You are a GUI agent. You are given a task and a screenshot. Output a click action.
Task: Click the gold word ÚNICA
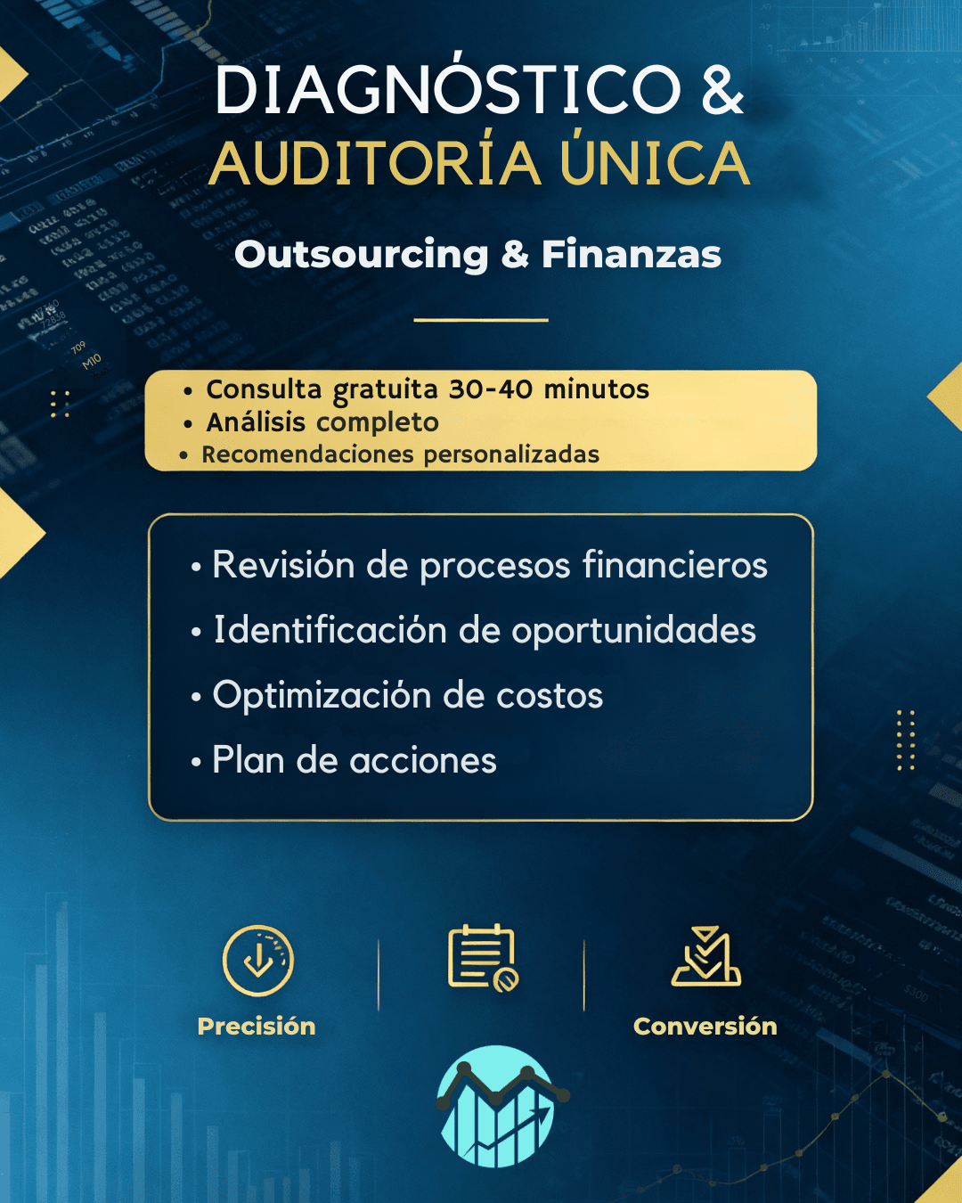pyautogui.click(x=655, y=161)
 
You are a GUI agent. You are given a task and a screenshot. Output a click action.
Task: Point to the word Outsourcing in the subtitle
pyautogui.click(x=362, y=255)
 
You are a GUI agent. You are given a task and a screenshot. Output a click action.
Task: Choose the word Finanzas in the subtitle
pyautogui.click(x=632, y=254)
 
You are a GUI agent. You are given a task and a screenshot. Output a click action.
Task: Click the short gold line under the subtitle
pyautogui.click(x=481, y=320)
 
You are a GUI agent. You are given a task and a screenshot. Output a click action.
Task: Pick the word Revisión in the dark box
pyautogui.click(x=283, y=565)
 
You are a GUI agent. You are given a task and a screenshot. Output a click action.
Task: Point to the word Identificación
pyautogui.click(x=330, y=630)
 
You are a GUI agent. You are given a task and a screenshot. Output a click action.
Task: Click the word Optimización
pyautogui.click(x=322, y=696)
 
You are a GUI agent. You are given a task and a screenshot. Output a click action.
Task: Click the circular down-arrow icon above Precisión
pyautogui.click(x=257, y=961)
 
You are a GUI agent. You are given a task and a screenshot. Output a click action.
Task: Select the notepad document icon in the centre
pyautogui.click(x=483, y=958)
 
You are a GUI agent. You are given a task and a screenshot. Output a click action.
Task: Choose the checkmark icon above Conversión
pyautogui.click(x=706, y=956)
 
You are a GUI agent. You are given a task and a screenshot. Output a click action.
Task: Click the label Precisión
pyautogui.click(x=257, y=1027)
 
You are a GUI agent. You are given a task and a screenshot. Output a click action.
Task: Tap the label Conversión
pyautogui.click(x=705, y=1027)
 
